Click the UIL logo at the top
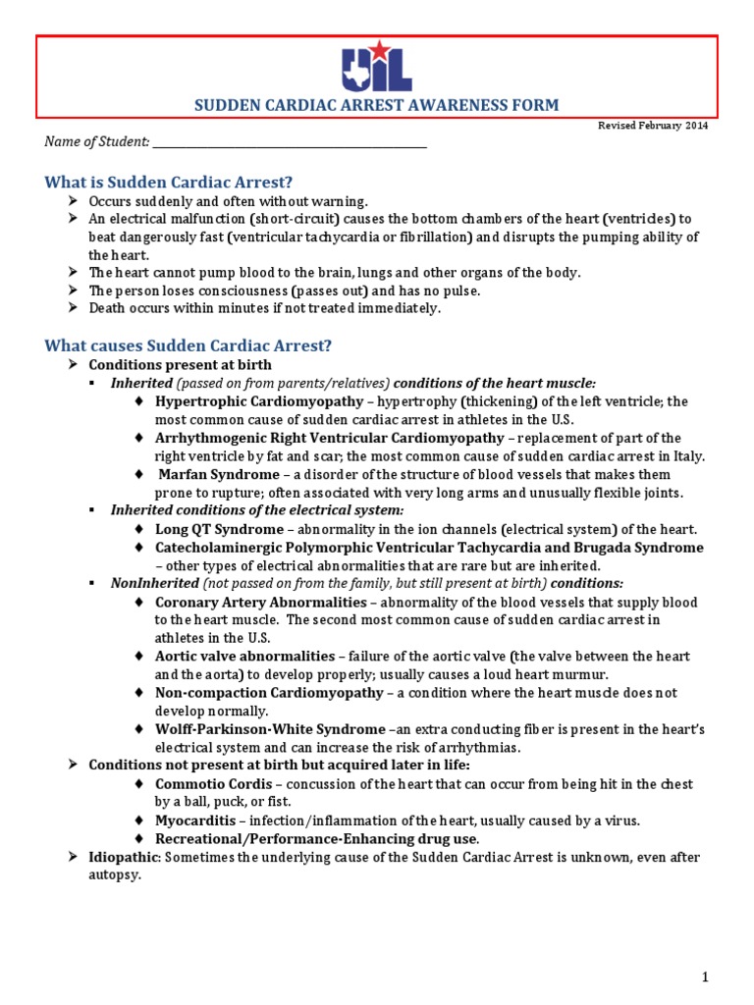[x=377, y=70]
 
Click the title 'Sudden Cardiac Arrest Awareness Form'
[x=377, y=105]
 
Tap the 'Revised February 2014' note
[x=653, y=126]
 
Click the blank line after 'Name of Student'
[x=290, y=142]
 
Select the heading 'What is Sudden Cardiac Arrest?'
[x=169, y=182]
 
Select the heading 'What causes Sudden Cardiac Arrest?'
[x=188, y=345]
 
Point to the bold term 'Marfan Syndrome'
[x=219, y=474]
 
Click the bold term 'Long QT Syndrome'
[x=218, y=529]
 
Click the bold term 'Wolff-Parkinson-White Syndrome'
[x=270, y=729]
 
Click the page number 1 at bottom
[x=705, y=977]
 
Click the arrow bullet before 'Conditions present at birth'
[x=73, y=365]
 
